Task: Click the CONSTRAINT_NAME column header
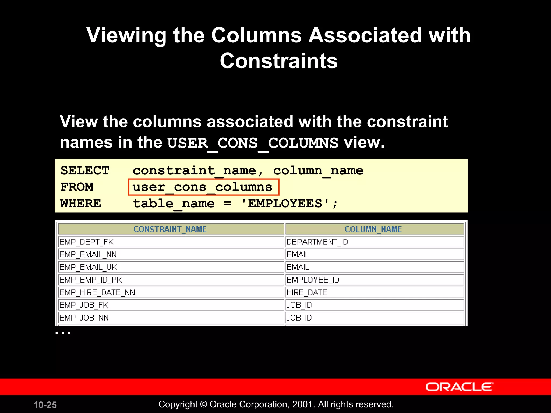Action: (x=170, y=229)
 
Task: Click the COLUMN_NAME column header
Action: (x=373, y=229)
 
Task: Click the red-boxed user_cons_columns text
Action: (x=203, y=187)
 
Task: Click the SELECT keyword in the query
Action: (x=85, y=170)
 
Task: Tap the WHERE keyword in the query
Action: (x=81, y=204)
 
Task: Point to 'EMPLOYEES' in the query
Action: (x=285, y=204)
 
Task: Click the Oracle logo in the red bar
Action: (x=460, y=387)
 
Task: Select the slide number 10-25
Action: (x=45, y=405)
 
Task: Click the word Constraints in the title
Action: (x=279, y=61)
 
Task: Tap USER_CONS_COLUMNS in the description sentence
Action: (x=253, y=143)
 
